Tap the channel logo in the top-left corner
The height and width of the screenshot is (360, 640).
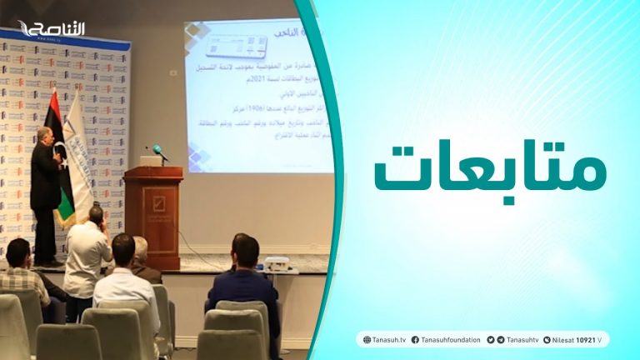(x=52, y=29)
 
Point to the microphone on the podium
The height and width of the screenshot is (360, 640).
(x=157, y=153)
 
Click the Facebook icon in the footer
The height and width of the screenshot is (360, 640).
(x=415, y=340)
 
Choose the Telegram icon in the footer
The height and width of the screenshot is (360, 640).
(x=501, y=340)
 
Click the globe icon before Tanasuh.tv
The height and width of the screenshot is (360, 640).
(x=367, y=340)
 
